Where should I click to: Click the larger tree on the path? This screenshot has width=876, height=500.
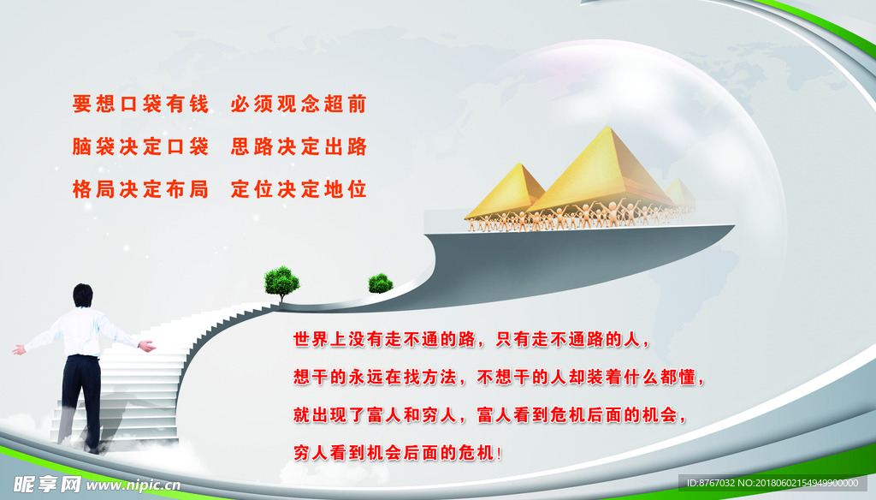[x=281, y=281]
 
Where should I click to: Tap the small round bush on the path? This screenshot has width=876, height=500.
[x=381, y=283]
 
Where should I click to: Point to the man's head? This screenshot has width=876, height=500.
[x=83, y=295]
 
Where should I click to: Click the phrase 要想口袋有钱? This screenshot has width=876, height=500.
[x=141, y=104]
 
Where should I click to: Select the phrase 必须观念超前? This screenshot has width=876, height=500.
[x=299, y=104]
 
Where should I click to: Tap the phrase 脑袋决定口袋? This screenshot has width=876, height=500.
[x=141, y=146]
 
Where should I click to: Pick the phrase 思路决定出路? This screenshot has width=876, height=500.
[x=299, y=146]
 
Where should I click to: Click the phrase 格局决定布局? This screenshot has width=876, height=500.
[x=141, y=189]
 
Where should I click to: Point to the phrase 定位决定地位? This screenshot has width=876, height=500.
[x=299, y=189]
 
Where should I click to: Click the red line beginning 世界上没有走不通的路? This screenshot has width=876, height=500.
[x=472, y=339]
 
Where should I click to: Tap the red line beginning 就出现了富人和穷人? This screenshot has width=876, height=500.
[x=490, y=415]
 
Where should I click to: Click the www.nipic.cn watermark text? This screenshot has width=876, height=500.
[x=133, y=485]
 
